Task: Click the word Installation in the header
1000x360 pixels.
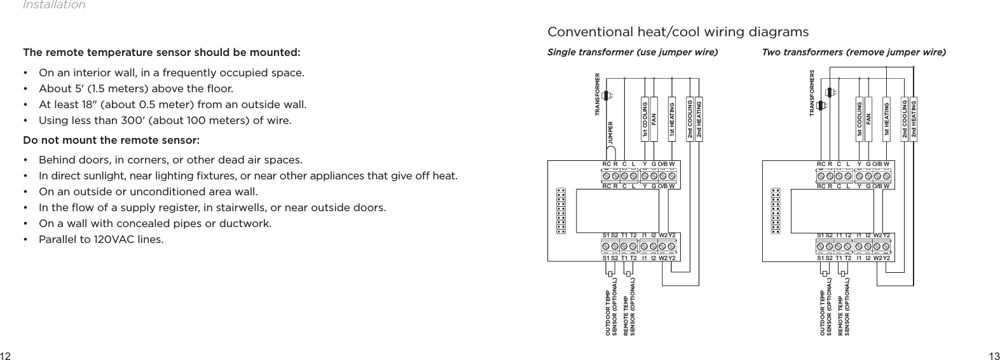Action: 53,5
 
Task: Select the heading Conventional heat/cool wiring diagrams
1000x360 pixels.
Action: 678,32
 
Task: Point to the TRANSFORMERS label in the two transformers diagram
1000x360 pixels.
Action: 812,94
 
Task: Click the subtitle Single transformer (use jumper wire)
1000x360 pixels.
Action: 632,52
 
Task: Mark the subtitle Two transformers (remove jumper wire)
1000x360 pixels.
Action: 853,52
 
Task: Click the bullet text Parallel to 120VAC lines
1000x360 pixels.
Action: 100,240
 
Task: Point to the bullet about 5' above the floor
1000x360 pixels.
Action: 135,88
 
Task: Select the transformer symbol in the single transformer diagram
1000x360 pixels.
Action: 606,95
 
